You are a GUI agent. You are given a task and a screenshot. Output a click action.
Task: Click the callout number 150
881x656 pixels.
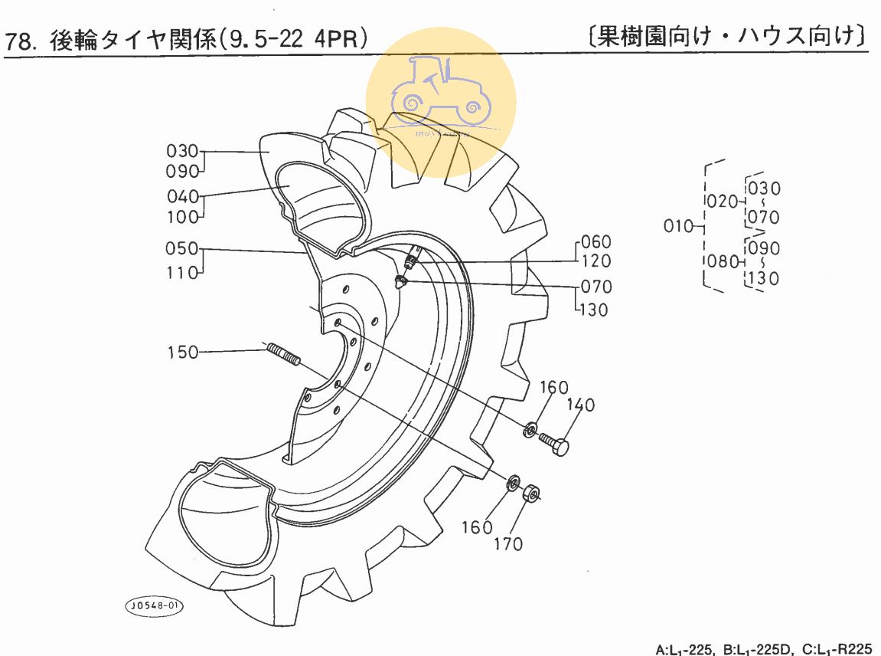(x=182, y=353)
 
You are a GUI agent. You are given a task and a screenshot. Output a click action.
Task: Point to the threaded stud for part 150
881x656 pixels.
(x=283, y=354)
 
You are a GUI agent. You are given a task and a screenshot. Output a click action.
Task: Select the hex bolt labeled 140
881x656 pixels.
(x=556, y=444)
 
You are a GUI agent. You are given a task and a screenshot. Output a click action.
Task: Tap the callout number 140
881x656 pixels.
(x=580, y=405)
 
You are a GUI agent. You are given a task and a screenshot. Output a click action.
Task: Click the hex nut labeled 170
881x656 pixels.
(x=530, y=492)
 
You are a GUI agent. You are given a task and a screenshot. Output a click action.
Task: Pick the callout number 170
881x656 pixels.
(x=508, y=544)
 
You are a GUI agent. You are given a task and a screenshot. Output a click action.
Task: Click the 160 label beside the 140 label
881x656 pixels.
(x=553, y=387)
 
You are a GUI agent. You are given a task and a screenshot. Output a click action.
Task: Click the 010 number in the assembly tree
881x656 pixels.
(x=679, y=226)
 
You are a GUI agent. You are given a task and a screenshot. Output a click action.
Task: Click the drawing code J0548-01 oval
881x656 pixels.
(x=155, y=605)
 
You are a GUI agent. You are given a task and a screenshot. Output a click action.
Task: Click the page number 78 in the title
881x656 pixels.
(x=21, y=40)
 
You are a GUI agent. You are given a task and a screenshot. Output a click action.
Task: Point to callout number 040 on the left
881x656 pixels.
(x=182, y=196)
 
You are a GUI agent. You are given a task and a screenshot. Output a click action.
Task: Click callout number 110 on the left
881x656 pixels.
(x=182, y=271)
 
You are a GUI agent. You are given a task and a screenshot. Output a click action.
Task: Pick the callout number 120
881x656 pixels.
(x=596, y=261)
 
